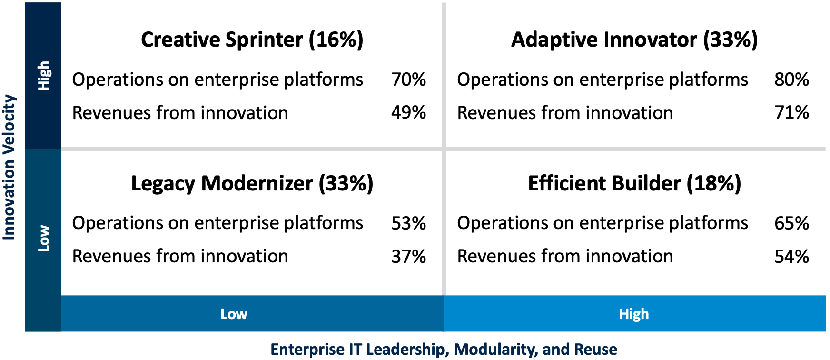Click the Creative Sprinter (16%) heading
252,40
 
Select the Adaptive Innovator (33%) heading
634,40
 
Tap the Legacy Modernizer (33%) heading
252,183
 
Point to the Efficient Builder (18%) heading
634,183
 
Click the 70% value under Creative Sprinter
408,80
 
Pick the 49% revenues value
408,113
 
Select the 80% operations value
791,80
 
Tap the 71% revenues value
791,113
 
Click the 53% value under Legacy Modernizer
408,223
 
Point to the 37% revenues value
408,257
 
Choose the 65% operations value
791,223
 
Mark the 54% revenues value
791,257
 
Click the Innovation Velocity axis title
10,167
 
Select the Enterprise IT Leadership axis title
444,349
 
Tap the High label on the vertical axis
44,75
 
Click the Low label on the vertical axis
44,238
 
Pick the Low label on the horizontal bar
234,314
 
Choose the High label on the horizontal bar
634,314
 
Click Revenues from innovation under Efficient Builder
565,257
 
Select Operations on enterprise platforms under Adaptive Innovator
602,80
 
